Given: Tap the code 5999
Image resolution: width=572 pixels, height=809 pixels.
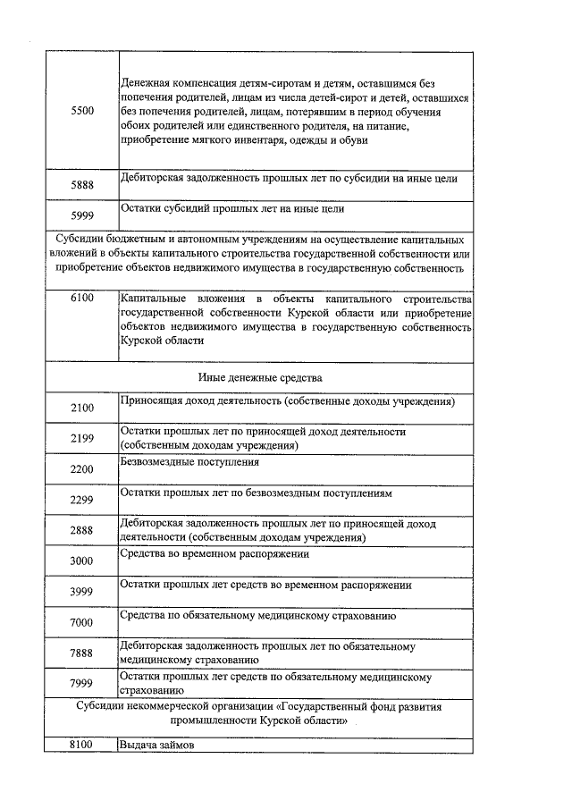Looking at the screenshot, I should (x=81, y=215).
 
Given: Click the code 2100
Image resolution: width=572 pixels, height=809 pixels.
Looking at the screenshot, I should (x=81, y=409).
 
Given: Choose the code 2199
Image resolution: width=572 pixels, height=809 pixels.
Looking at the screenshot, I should (x=81, y=439).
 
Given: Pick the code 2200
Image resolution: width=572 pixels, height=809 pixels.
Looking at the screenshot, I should (x=81, y=469).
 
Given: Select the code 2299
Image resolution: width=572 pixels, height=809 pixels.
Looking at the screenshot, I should (x=81, y=500).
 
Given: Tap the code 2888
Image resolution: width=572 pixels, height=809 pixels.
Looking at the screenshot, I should (x=81, y=530).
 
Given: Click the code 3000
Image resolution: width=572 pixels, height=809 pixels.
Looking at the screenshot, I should (x=81, y=560).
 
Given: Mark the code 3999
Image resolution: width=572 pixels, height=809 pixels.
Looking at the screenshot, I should (x=81, y=592).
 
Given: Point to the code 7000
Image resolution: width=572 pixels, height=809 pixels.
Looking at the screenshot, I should (x=81, y=622).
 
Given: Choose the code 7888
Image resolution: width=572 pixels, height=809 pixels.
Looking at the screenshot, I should (x=81, y=653).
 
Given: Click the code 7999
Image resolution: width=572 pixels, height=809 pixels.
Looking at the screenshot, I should (x=81, y=684).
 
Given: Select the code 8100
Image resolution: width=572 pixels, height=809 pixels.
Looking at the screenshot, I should (x=81, y=744).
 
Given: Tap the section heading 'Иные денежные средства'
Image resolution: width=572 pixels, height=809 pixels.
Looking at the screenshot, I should (x=259, y=377).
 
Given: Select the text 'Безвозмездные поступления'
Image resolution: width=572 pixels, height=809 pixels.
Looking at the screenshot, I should (x=190, y=462).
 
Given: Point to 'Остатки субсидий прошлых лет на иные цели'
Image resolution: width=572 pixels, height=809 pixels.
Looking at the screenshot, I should (x=232, y=209).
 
